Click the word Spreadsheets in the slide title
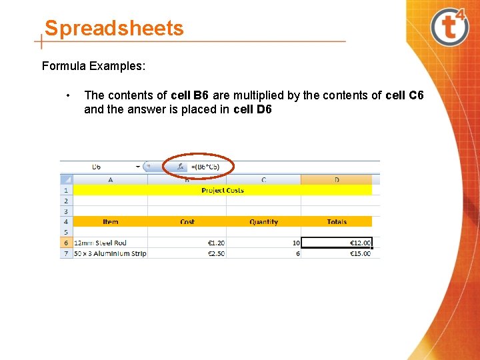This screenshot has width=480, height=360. point(114,29)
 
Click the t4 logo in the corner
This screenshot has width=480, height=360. point(449,27)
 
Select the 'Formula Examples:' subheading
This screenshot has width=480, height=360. point(94,66)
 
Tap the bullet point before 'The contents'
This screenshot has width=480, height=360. point(69,95)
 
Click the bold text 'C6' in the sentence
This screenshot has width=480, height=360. point(415,95)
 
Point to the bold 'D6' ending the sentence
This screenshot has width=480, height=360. point(263,109)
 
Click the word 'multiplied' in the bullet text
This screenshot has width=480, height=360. point(259,95)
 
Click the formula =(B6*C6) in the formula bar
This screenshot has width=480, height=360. point(205,167)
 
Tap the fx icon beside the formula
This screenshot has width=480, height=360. point(181,167)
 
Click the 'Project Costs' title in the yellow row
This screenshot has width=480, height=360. point(223,190)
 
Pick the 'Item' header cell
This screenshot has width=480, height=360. point(111,221)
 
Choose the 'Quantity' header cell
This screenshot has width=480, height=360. point(263,221)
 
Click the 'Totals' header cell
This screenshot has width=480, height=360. point(337,221)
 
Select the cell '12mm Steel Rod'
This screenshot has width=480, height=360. point(101,243)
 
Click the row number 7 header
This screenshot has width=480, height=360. point(66,253)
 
